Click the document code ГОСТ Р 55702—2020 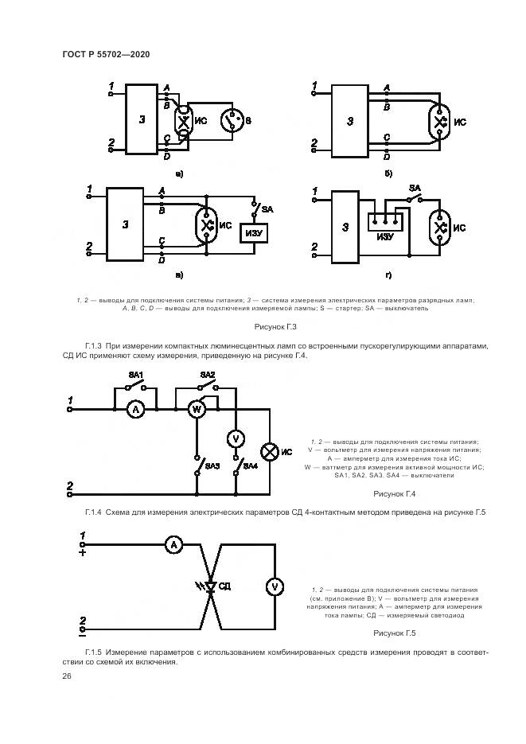(x=106, y=53)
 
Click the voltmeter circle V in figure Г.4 (x=235, y=438)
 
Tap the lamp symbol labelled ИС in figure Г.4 (x=270, y=451)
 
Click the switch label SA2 (x=208, y=375)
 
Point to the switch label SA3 (x=211, y=465)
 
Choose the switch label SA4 (x=250, y=465)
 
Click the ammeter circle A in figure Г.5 (x=174, y=544)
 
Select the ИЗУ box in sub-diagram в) (x=255, y=232)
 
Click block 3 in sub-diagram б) (x=350, y=121)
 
